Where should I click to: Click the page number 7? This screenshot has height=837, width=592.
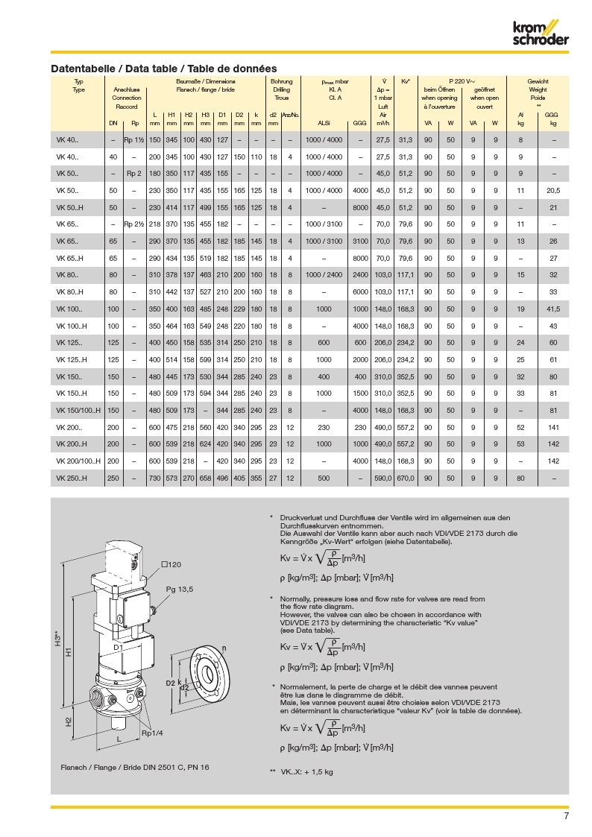[x=567, y=816]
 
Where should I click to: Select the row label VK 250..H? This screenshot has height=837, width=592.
[x=72, y=478]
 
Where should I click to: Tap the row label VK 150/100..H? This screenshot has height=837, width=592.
[x=78, y=410]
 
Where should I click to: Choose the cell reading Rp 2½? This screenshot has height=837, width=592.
[x=135, y=224]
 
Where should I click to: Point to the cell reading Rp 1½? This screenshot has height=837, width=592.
[x=135, y=140]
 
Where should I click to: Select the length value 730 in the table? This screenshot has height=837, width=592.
[x=154, y=478]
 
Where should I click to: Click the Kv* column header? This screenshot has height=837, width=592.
[x=406, y=81]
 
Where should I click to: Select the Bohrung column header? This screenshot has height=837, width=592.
[x=282, y=81]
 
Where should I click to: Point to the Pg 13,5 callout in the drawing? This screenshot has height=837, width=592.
[x=180, y=589]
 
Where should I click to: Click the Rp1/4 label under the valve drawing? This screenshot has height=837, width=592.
[x=152, y=733]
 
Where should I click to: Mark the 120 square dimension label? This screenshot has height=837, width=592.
[x=172, y=565]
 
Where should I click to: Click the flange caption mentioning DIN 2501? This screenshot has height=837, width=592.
[x=134, y=767]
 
